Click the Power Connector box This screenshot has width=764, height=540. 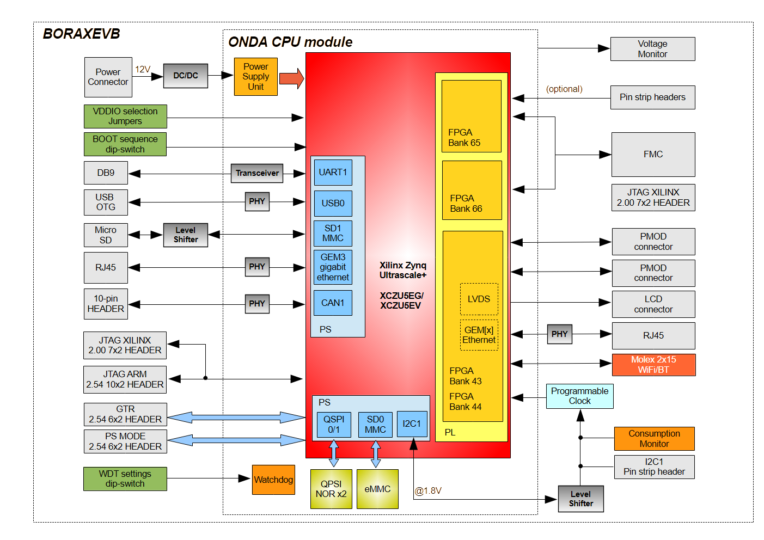point(108,77)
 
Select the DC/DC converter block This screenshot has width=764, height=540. point(185,76)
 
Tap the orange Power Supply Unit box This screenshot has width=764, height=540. point(255,77)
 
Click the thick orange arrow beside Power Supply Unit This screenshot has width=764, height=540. point(291,78)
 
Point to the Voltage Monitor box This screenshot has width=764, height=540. point(652,49)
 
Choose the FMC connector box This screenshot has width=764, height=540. point(653,155)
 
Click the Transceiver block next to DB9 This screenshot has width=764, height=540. point(257,173)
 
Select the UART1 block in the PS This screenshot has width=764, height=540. point(333,173)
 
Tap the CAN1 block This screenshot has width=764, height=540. point(333,303)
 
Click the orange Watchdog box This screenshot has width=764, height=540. point(273,480)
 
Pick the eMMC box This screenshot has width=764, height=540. point(377,489)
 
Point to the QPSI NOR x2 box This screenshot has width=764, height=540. point(331,489)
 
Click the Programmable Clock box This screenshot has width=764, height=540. point(579,396)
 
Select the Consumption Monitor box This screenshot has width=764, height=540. point(654,439)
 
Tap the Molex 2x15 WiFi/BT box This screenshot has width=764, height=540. point(653,365)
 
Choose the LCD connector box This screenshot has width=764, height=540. point(653,304)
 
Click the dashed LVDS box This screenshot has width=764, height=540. point(479,299)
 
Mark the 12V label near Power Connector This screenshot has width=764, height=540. point(143,69)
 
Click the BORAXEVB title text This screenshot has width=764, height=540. point(82,34)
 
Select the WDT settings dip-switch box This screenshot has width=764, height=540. point(125,478)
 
